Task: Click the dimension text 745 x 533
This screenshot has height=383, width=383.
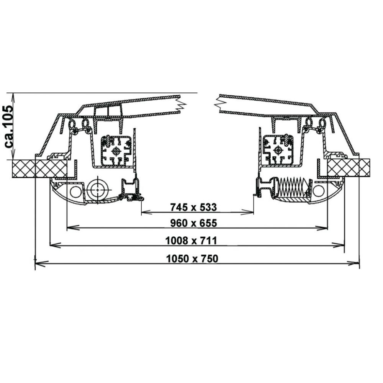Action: pos(193,207)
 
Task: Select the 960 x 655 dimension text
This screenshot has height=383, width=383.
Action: pos(193,223)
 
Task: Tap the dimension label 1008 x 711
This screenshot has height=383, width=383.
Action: pos(191,241)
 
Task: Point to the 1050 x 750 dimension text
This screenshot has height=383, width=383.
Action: pos(192,259)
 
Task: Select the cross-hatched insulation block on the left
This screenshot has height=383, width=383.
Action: pos(40,169)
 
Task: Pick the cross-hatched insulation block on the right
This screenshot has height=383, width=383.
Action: pos(349,168)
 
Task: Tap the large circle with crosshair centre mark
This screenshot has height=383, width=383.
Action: pos(98,190)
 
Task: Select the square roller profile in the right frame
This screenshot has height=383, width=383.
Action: pos(278,150)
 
